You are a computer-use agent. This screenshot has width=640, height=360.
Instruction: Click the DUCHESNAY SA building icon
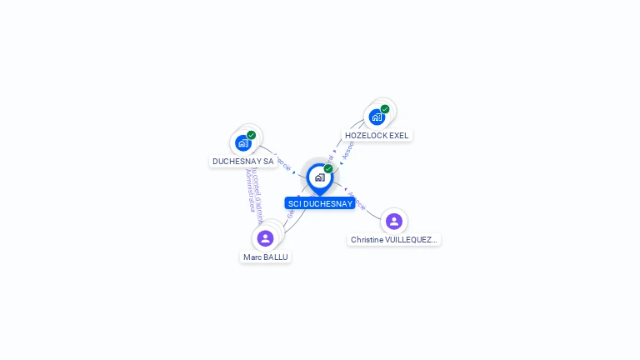click(242, 142)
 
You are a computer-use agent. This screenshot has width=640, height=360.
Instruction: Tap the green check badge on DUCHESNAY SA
click(251, 135)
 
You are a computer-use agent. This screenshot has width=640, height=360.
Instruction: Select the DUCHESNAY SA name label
click(242, 161)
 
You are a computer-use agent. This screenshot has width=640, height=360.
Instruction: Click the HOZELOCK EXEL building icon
click(377, 117)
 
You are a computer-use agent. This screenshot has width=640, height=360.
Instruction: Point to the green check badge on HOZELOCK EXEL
click(385, 109)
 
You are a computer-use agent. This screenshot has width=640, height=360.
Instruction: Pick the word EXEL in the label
click(399, 135)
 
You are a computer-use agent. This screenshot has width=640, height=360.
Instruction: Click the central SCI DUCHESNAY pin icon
click(319, 177)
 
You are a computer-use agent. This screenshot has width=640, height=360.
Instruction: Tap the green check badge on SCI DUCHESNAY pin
click(328, 168)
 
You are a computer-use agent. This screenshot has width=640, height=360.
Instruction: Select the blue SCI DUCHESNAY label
click(320, 203)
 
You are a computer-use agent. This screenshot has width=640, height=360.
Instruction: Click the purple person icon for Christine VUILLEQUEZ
click(394, 222)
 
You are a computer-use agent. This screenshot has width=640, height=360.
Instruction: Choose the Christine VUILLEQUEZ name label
click(393, 239)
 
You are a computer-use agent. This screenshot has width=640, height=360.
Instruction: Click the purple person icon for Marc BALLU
click(265, 238)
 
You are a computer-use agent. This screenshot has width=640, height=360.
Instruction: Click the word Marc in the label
click(252, 257)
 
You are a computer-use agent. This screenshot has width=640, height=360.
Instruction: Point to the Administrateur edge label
click(250, 191)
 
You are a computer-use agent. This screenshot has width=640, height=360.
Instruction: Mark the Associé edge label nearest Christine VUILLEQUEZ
click(357, 201)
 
